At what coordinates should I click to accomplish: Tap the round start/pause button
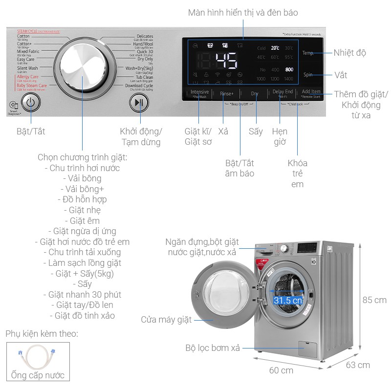click(x=139, y=103)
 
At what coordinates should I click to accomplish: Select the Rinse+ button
click(x=227, y=93)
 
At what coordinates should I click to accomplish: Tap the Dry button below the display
click(x=255, y=93)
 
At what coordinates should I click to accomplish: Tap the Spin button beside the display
click(x=308, y=75)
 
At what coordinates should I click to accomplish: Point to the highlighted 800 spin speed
click(x=289, y=69)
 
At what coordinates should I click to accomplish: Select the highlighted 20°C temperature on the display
click(x=275, y=48)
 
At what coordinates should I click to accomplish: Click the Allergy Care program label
click(x=27, y=77)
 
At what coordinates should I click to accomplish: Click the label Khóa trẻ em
click(x=297, y=174)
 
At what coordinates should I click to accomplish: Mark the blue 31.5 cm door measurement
click(x=288, y=301)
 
